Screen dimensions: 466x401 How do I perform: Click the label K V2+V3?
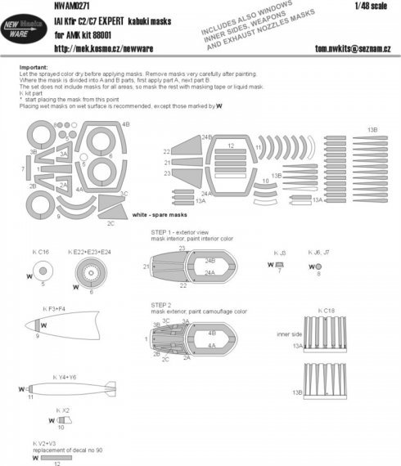43,442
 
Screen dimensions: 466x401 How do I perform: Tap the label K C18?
326,311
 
